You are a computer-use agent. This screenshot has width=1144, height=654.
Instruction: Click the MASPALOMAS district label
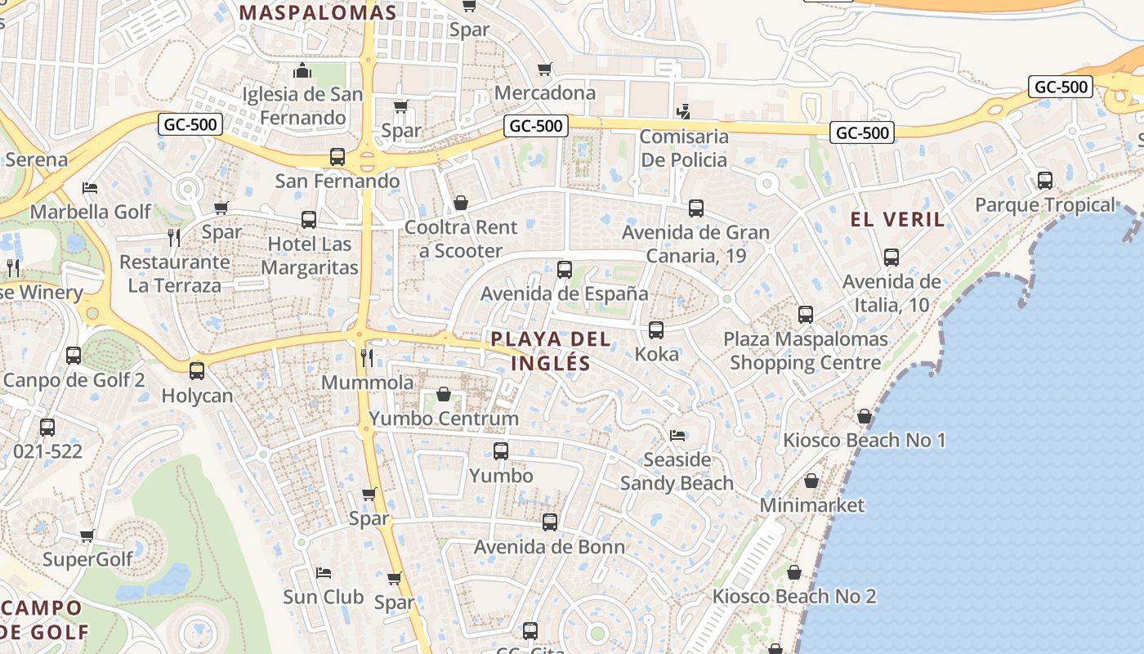pos(319,13)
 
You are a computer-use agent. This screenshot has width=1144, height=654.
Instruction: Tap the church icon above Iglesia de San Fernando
pos(302,70)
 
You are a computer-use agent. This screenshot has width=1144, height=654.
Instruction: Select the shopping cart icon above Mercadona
pos(545,69)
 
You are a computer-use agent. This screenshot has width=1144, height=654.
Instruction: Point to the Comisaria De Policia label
pos(683,148)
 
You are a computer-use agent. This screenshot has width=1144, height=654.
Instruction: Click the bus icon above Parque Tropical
pos(1044,181)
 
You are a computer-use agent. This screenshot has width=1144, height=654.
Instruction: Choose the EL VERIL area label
pos(897,219)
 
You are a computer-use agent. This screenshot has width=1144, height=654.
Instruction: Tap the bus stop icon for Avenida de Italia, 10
pos(891,258)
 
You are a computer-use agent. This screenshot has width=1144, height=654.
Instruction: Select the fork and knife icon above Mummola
pos(367,357)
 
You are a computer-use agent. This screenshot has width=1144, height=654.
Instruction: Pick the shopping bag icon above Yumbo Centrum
pos(444,395)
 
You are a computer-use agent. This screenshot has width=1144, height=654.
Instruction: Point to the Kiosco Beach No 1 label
pos(864,441)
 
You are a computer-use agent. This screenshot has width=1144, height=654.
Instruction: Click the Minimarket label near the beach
pos(811,505)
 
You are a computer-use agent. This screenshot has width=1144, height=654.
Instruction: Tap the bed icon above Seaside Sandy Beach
pos(677,435)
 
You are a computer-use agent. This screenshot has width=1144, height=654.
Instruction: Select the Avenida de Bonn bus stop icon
pos(550,522)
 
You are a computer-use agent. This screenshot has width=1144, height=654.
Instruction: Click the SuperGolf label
pos(87,560)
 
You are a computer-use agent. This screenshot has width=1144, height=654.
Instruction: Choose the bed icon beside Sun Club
pos(324,572)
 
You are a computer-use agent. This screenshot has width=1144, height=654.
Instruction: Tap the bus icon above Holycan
pos(197,371)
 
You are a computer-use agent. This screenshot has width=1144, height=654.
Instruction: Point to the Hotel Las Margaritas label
pos(310,256)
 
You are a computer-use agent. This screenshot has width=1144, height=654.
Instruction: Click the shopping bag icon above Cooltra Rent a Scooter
pos(461,203)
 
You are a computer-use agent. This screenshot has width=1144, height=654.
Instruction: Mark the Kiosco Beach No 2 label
pos(793,597)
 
